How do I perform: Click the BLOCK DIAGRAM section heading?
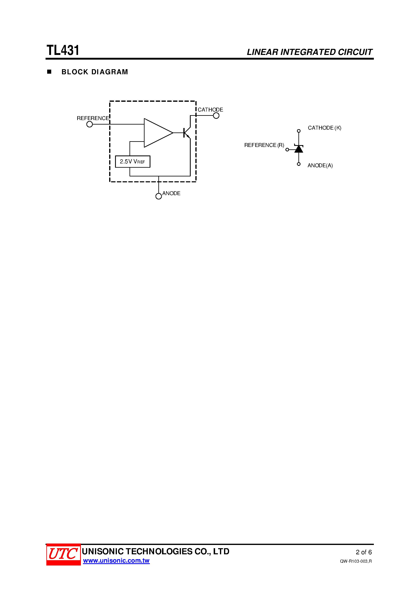pyautogui.click(x=95, y=72)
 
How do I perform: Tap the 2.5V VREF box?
pyautogui.click(x=133, y=161)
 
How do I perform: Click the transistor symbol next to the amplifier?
pyautogui.click(x=186, y=133)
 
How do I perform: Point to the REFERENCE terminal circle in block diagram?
pyautogui.click(x=90, y=124)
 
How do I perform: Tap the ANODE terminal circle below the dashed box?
pyautogui.click(x=159, y=196)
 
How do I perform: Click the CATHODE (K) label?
pyautogui.click(x=324, y=128)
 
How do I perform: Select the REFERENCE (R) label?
pyautogui.click(x=264, y=145)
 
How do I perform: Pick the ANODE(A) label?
pyautogui.click(x=320, y=165)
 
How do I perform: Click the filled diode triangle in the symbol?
pyautogui.click(x=299, y=149)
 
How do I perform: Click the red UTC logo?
pyautogui.click(x=63, y=555)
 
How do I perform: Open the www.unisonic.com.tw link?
pyautogui.click(x=116, y=561)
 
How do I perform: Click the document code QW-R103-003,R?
pyautogui.click(x=356, y=561)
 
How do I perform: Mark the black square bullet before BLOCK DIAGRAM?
pyautogui.click(x=49, y=72)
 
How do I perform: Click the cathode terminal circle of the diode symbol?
pyautogui.click(x=299, y=131)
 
